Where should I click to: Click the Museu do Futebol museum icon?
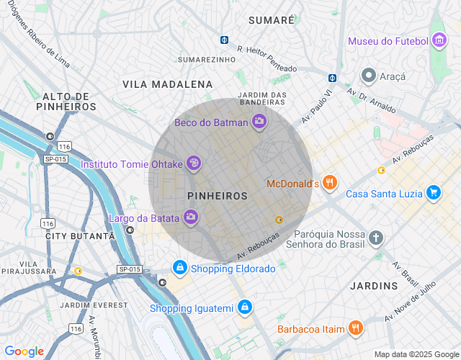(x=439, y=41)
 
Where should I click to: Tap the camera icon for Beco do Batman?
(x=259, y=122)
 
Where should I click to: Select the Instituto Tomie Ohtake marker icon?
(x=193, y=164)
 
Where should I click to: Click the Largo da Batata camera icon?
(x=191, y=217)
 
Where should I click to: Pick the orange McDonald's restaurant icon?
(x=330, y=183)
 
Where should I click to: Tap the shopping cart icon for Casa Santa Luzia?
(x=433, y=193)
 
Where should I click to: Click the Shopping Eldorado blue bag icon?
(x=179, y=268)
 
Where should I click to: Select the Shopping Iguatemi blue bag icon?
(x=245, y=308)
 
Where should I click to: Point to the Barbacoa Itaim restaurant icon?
(x=355, y=329)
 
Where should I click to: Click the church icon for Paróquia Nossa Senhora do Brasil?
(x=375, y=238)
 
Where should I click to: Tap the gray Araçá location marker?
(x=369, y=76)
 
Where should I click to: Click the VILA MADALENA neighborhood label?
(x=168, y=84)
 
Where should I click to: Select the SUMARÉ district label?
(x=271, y=20)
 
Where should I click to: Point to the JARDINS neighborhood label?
(x=374, y=286)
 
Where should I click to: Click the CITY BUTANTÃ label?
(x=80, y=236)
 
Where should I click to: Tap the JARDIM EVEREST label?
(x=94, y=305)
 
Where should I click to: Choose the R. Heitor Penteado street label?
(x=267, y=59)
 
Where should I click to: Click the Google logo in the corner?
(x=24, y=351)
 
